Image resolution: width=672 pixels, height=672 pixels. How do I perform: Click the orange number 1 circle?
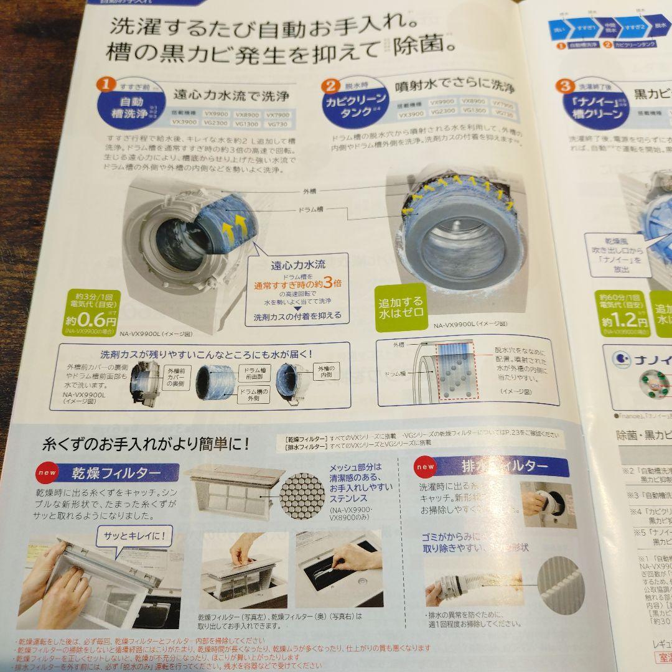(x=106, y=83)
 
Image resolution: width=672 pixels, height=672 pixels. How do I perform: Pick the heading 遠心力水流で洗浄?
(x=231, y=96)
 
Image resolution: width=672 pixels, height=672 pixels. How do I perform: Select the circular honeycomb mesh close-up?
(x=302, y=494)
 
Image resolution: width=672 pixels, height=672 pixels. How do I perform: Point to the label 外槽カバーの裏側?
(x=176, y=378)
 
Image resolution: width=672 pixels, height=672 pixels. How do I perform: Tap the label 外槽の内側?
(x=326, y=373)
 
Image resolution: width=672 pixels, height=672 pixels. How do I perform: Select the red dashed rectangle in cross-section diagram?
(x=458, y=370)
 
